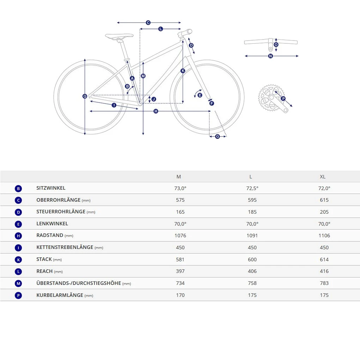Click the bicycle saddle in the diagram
[x=119, y=36]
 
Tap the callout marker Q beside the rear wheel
[x=85, y=96]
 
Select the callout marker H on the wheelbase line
[x=156, y=111]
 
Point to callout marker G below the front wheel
[x=217, y=136]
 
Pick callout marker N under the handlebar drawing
[x=270, y=56]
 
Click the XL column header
[x=323, y=177]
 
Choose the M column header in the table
[x=179, y=177]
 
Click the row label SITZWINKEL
[x=51, y=188]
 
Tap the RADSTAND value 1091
[x=252, y=236]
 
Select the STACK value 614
[x=324, y=260]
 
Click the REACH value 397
[x=180, y=271]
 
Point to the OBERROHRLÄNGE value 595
[x=252, y=200]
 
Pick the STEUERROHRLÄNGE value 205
[x=324, y=212]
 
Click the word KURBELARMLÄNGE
[x=60, y=295]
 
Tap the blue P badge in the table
[x=18, y=295]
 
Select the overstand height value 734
[x=180, y=283]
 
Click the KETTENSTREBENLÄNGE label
[x=65, y=247]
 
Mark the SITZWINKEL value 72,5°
[x=252, y=188]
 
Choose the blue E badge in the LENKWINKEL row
[x=18, y=224]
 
